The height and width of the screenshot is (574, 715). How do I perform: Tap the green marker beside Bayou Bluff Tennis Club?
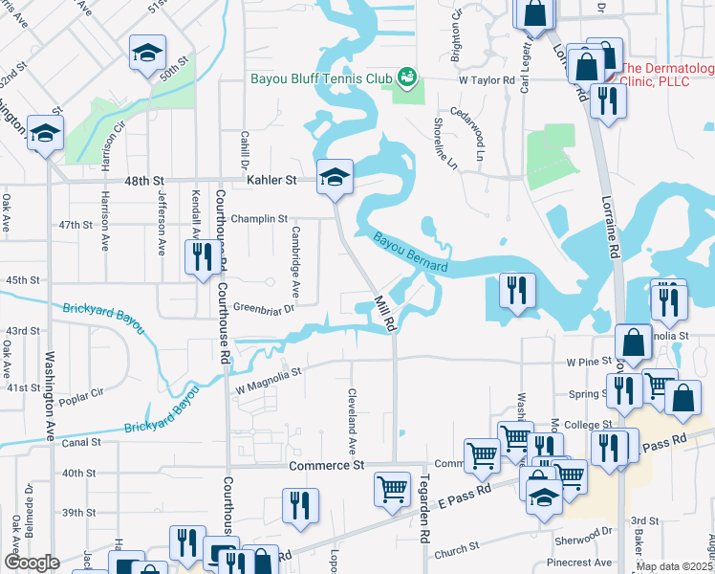pyautogui.click(x=407, y=76)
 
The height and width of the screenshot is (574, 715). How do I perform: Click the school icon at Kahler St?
pyautogui.click(x=335, y=178)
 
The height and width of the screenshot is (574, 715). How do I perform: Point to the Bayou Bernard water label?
pyautogui.click(x=410, y=252)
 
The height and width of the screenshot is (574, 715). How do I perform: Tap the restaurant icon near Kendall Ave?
pyautogui.click(x=202, y=258)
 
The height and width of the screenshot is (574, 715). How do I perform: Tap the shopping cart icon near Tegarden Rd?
pyautogui.click(x=392, y=489)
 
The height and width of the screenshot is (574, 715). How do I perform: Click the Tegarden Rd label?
pyautogui.click(x=422, y=521)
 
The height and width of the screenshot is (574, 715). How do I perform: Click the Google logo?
pyautogui.click(x=32, y=563)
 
